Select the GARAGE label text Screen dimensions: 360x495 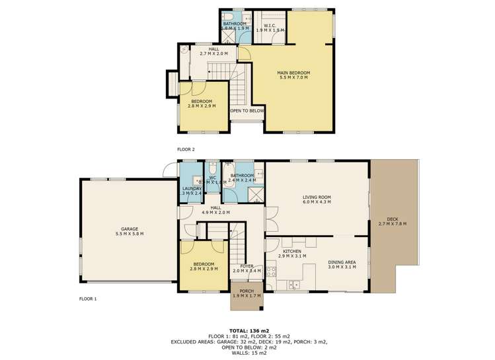(x=129, y=229)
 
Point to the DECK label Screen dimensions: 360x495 (x=393, y=219)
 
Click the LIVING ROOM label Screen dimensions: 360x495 (x=317, y=197)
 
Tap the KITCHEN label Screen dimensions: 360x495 (x=292, y=252)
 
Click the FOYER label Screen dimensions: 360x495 (x=247, y=266)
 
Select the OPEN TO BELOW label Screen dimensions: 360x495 (x=247, y=111)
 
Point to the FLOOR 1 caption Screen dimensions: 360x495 (x=87, y=299)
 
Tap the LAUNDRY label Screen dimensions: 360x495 (x=192, y=188)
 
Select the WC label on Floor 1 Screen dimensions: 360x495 (x=213, y=177)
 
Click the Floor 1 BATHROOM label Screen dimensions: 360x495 (x=242, y=175)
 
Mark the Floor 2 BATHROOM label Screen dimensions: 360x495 (x=235, y=24)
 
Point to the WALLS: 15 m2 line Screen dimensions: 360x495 (x=247, y=351)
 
